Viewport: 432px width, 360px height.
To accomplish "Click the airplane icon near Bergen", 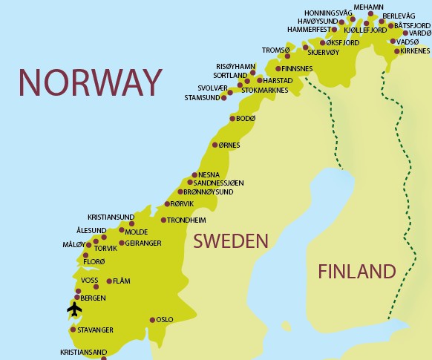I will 74,308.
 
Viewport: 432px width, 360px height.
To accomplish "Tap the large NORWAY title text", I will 90,82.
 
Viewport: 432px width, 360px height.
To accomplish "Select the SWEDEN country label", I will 230,241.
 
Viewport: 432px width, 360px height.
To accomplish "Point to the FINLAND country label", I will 356,271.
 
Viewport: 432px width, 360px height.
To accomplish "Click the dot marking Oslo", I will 152,320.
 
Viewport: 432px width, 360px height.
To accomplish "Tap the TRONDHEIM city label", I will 186,220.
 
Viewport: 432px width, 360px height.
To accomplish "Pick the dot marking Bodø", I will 232,119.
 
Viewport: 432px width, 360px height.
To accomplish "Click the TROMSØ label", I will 274,50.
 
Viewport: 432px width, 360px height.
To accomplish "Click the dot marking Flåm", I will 109,281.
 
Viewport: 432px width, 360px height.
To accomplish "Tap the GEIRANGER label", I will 144,243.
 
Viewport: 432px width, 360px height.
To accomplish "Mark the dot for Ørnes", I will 215,145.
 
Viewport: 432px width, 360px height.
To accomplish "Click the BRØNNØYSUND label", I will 208,192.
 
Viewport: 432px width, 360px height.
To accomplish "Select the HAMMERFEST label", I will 309,29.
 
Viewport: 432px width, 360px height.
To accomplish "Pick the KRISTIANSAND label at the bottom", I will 83,352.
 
